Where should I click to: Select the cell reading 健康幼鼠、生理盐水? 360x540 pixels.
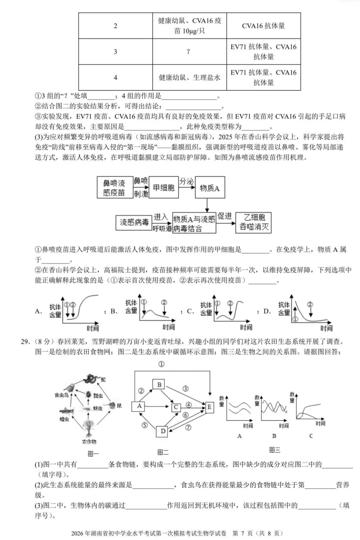pos(189,77)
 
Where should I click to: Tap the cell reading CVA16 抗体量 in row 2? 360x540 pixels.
pos(263,26)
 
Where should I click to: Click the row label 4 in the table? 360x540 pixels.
pos(115,77)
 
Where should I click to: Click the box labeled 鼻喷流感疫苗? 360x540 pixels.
pos(114,188)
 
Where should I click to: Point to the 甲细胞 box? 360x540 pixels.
pos(164,188)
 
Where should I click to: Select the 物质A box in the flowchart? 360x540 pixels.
pos(210,188)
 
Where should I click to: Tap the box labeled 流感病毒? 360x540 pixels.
pos(134,222)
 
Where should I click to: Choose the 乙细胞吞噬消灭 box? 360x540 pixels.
pos(254,222)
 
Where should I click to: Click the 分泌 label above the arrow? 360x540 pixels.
pos(187,181)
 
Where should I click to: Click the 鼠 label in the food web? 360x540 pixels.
pos(119,405)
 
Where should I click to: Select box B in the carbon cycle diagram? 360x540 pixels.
pos(159,384)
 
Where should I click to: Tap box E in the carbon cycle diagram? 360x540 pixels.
pos(209,407)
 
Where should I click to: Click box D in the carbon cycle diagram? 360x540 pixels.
pos(163,431)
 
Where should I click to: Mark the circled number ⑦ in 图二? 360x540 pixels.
pos(188,427)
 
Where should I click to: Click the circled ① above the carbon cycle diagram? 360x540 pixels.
pos(161,364)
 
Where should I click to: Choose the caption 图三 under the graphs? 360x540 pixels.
pos(275,450)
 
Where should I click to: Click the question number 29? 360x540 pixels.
pos(25,341)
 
